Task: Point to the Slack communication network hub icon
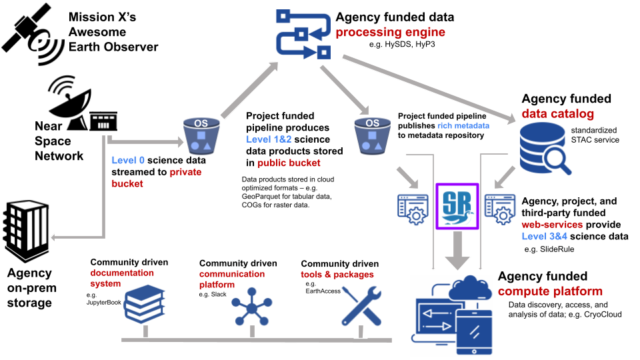tap(253, 306)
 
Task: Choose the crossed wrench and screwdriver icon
tap(361, 307)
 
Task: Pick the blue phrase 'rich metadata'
tap(463, 125)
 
